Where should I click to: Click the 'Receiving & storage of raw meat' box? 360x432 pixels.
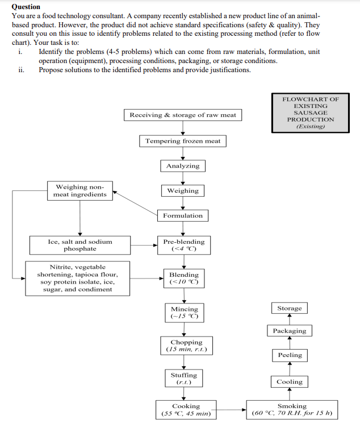(x=182, y=115)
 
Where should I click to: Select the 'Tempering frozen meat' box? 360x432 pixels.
(x=182, y=141)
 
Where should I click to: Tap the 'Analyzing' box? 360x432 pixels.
(x=182, y=166)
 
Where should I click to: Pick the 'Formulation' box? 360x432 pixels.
(x=182, y=215)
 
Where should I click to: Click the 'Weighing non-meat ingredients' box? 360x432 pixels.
(x=79, y=190)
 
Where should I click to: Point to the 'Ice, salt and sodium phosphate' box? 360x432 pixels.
(x=79, y=245)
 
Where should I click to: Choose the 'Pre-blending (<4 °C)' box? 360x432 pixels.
(x=183, y=245)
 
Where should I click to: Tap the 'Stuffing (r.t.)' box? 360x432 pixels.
(x=183, y=379)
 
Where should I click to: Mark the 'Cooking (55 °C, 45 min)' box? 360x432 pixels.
(x=186, y=410)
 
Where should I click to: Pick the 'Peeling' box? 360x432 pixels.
(x=290, y=355)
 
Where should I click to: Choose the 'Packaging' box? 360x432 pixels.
(x=289, y=331)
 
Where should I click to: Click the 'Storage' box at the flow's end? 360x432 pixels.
(x=289, y=309)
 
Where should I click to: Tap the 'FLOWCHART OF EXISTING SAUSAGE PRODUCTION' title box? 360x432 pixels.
(x=311, y=113)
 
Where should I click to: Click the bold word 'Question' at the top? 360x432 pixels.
(x=26, y=6)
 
